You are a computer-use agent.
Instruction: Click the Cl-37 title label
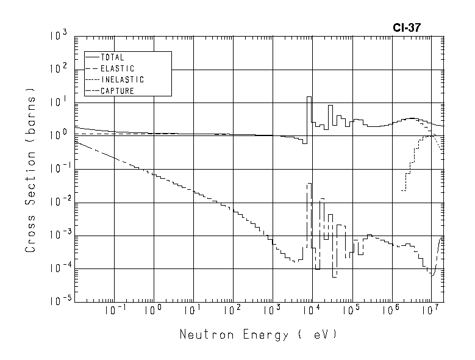click(407, 27)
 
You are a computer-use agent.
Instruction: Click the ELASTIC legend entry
click(117, 68)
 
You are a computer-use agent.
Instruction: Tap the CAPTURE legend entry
click(117, 91)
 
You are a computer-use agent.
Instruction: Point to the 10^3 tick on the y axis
click(57, 37)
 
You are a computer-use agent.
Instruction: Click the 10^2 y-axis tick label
click(57, 70)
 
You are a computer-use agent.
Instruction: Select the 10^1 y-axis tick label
click(57, 103)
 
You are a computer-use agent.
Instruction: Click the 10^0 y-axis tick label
click(57, 135)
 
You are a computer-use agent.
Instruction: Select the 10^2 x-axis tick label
click(232, 311)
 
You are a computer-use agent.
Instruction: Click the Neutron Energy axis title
click(258, 335)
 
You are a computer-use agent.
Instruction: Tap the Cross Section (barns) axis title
click(30, 174)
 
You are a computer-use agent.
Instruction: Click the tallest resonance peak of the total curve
click(309, 97)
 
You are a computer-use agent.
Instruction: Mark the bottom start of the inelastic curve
click(402, 190)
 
